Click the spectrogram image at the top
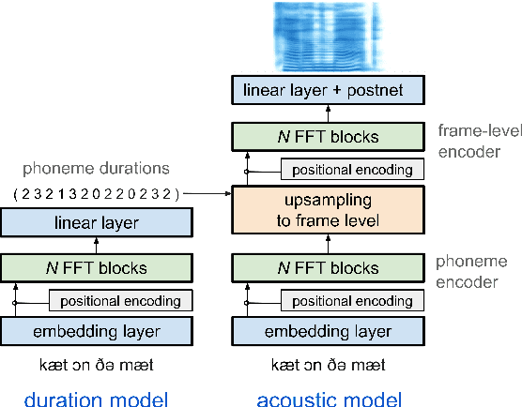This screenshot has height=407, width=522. pos(329,37)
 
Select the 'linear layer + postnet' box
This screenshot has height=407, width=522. pos(329,91)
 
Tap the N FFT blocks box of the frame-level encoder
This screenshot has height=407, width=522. pos(329,137)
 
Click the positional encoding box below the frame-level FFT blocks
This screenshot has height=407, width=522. pos(352,170)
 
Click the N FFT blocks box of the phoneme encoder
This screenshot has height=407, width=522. pos(329,267)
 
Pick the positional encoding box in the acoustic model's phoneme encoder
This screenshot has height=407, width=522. pos(352,300)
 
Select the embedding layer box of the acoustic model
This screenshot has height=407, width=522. pos(329,332)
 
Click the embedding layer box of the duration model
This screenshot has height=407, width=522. pos(97,332)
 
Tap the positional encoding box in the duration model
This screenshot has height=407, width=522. pos(120,300)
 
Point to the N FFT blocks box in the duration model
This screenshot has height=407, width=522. pos(97,267)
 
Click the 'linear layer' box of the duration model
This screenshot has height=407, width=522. pos(97,223)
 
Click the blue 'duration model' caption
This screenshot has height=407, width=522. pos(97,399)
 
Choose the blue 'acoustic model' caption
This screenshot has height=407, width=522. pos(329,399)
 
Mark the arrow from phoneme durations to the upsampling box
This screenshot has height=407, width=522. pos(207,194)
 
